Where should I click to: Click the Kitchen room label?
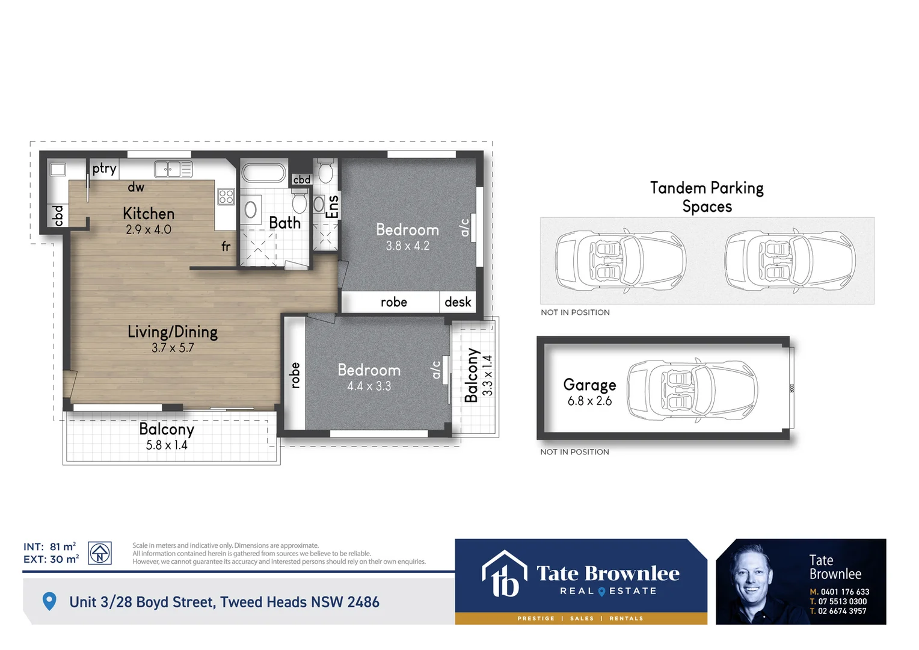pos(149,214)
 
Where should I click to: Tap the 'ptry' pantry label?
pos(104,169)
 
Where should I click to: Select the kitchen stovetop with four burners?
pos(226,196)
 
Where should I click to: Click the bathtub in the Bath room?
pos(263,173)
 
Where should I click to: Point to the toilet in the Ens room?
pos(325,172)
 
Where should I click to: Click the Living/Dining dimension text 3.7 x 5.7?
pos(173,348)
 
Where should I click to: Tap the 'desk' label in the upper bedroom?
pos(458,302)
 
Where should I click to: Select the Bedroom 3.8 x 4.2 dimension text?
pos(407,246)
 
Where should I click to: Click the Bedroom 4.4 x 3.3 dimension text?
pos(369,386)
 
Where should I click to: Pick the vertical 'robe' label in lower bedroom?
pos(295,375)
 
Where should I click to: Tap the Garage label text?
pos(589,385)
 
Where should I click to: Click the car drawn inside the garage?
pos(692,390)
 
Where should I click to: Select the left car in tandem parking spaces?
pos(620,261)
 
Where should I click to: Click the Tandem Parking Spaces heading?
pos(707,197)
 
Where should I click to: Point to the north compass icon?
pos(100,552)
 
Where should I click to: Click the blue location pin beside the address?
pos(49,601)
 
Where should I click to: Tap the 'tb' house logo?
pos(504,574)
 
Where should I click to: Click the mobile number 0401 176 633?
pos(844,592)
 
